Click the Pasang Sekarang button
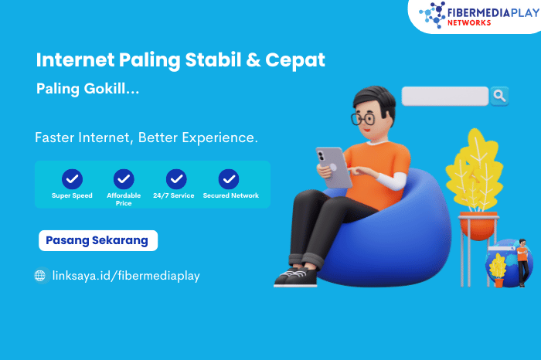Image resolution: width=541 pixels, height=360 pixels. pyautogui.click(x=98, y=240)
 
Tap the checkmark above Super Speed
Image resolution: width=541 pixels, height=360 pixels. pyautogui.click(x=72, y=179)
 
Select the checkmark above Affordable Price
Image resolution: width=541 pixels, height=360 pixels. pyautogui.click(x=124, y=179)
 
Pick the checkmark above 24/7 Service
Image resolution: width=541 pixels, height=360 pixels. pyautogui.click(x=176, y=179)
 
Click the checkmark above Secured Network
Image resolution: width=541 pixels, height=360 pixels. pyautogui.click(x=229, y=179)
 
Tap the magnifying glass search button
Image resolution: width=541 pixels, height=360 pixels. pyautogui.click(x=499, y=96)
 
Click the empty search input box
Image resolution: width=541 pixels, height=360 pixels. pyautogui.click(x=445, y=96)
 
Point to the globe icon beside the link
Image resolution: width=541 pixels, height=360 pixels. pyautogui.click(x=40, y=276)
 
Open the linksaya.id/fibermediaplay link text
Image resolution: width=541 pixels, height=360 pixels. pyautogui.click(x=126, y=276)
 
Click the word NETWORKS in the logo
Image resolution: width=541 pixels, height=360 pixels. pyautogui.click(x=469, y=22)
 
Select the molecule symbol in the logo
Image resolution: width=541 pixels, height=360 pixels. pyautogui.click(x=432, y=15)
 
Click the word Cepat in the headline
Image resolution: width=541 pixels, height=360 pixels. pyautogui.click(x=295, y=60)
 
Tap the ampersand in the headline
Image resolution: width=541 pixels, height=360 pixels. pyautogui.click(x=253, y=59)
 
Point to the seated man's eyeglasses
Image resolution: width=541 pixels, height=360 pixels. pyautogui.click(x=363, y=119)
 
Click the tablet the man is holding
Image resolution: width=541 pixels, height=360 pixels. pyautogui.click(x=334, y=167)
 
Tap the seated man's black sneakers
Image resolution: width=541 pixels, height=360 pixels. pyautogui.click(x=296, y=276)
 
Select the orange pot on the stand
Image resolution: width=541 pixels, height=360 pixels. pyautogui.click(x=478, y=226)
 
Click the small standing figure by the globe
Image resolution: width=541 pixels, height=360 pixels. pyautogui.click(x=522, y=263)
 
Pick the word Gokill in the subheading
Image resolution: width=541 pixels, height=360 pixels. pyautogui.click(x=105, y=89)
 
